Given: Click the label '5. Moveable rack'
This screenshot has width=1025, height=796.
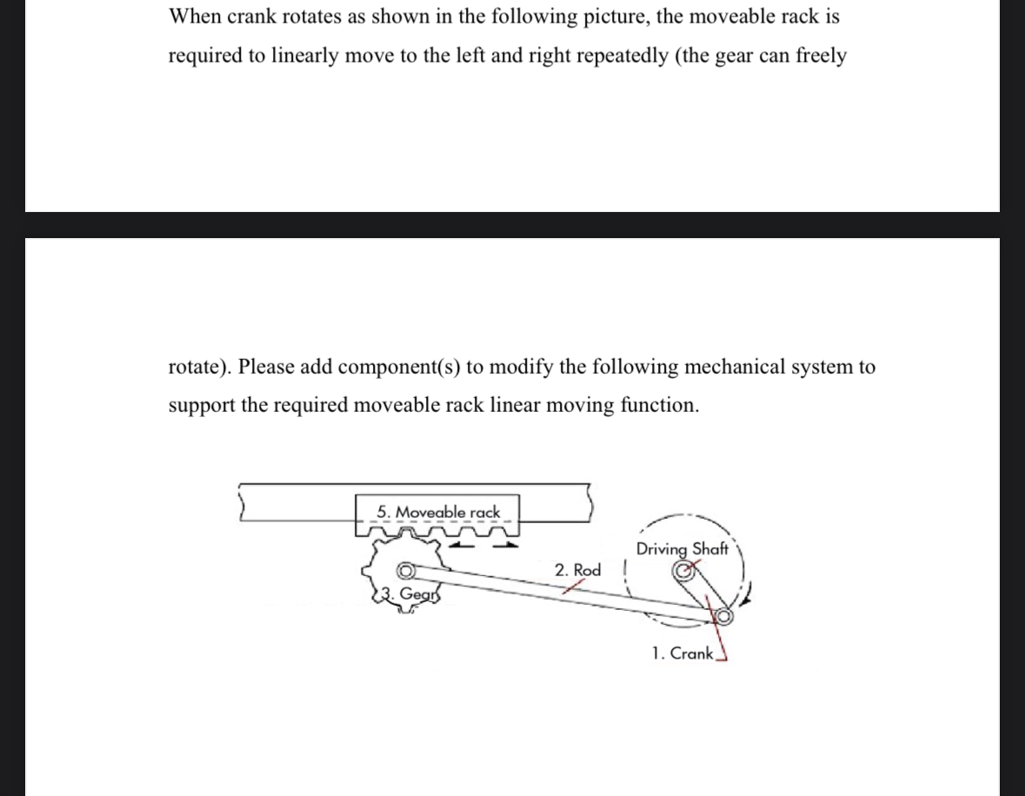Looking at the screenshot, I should pyautogui.click(x=439, y=512).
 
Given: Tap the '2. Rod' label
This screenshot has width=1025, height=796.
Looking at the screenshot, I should pyautogui.click(x=578, y=570).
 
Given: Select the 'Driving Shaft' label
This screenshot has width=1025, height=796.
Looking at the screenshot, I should pyautogui.click(x=682, y=549).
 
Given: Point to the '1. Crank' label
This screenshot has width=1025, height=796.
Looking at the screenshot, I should pyautogui.click(x=682, y=653).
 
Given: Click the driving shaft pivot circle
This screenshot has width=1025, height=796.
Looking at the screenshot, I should pyautogui.click(x=683, y=570).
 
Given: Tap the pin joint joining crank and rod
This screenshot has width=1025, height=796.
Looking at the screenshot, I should pyautogui.click(x=722, y=616).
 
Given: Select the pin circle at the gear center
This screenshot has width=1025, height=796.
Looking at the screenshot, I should pyautogui.click(x=406, y=571).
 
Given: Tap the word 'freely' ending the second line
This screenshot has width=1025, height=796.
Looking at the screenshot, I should pyautogui.click(x=821, y=56).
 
